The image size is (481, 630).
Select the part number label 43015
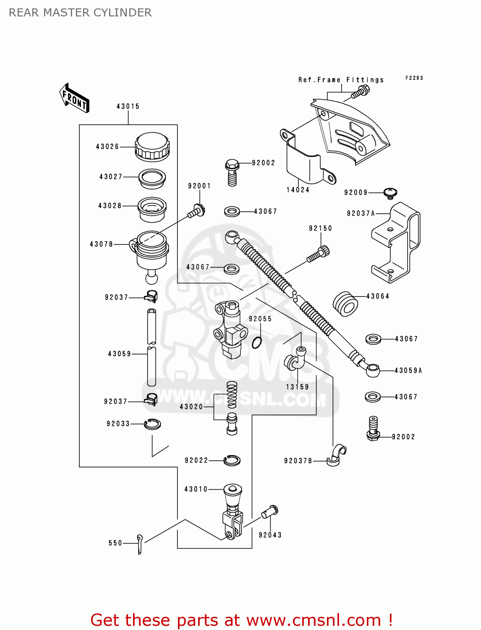coord(128,107)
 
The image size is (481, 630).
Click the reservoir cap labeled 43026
coord(152,147)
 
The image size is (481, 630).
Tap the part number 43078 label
coord(101,244)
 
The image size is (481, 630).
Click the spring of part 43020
coord(232,395)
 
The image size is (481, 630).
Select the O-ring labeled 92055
coord(257,342)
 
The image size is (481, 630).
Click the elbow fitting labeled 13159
coord(295,359)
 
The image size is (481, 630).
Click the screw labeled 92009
coord(390,193)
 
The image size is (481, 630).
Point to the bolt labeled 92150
coord(319,255)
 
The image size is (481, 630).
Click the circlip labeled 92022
coord(232,460)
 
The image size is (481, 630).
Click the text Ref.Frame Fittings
coord(341,80)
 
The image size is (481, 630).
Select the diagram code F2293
coord(414,78)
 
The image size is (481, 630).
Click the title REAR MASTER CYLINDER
coord(80,13)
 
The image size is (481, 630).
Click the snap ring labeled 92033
coord(152,424)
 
